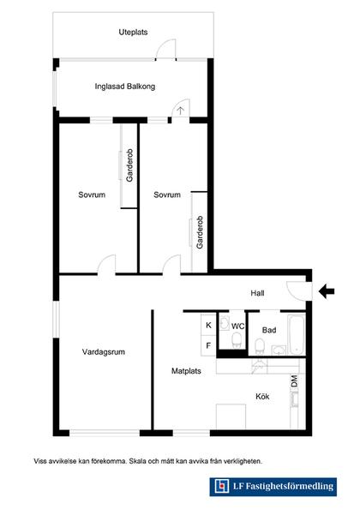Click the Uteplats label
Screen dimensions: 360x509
133,33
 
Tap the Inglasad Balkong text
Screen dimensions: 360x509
125,87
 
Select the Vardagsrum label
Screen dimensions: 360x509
104,352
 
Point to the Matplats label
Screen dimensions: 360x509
186,371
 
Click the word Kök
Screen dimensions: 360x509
262,397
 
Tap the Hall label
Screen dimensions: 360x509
257,293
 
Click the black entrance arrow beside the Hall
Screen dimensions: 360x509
327,291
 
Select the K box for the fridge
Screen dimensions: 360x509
208,325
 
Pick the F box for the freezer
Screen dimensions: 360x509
208,346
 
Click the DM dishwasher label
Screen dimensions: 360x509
294,380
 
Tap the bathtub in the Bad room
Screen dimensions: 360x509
297,335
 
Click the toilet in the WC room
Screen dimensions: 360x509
237,340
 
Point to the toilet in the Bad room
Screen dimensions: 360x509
260,346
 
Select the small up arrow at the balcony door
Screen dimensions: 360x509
181,111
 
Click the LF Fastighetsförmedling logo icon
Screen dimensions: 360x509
222,486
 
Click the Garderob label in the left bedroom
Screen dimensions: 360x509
129,165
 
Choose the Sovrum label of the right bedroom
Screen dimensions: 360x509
167,195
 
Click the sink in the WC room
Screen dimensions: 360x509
225,323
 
